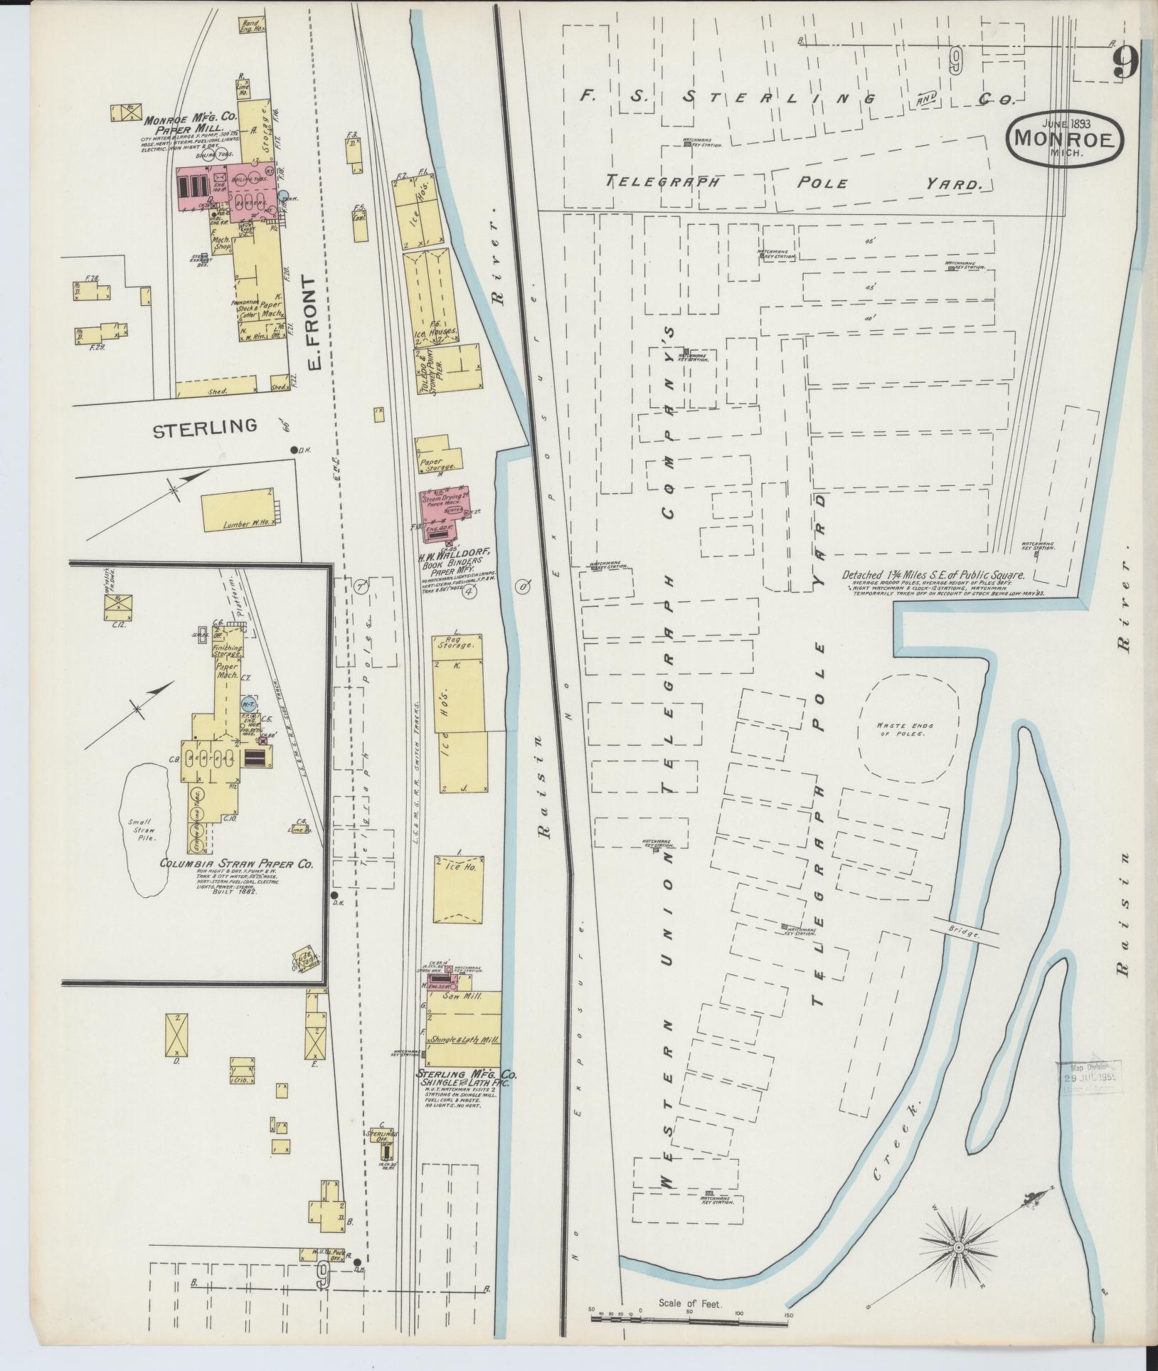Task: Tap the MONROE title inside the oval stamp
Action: [1064, 139]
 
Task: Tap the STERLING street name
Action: [204, 427]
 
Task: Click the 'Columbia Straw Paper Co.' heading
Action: [236, 865]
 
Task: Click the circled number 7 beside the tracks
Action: [361, 587]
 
